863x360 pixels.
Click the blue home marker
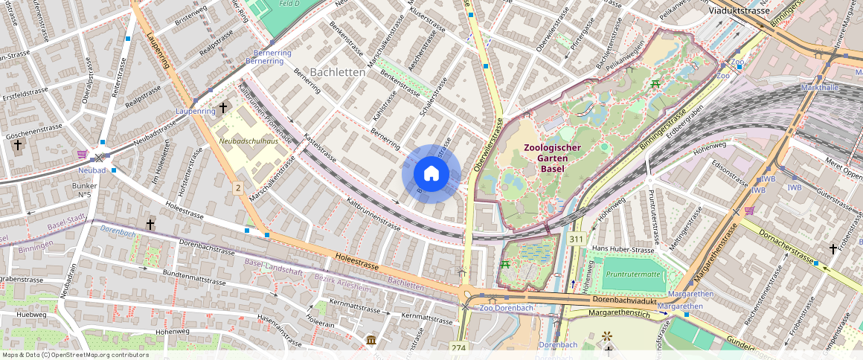pyautogui.click(x=431, y=174)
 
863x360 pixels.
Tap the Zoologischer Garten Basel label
pyautogui.click(x=551, y=158)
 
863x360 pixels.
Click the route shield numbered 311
pyautogui.click(x=576, y=240)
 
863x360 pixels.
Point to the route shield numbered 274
pyautogui.click(x=458, y=347)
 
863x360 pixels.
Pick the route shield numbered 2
pyautogui.click(x=238, y=187)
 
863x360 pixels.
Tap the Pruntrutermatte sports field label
pyautogui.click(x=633, y=274)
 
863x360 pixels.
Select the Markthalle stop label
pyautogui.click(x=819, y=88)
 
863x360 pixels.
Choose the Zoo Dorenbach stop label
pyautogui.click(x=507, y=308)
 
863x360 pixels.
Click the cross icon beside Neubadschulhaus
pyautogui.click(x=222, y=109)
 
